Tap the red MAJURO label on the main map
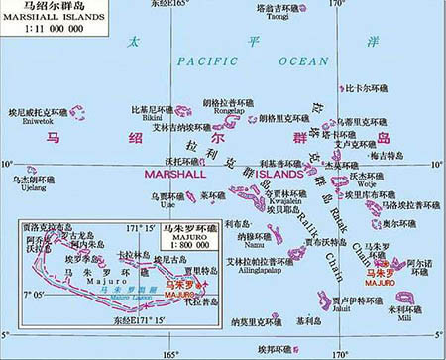tap(378, 279)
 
